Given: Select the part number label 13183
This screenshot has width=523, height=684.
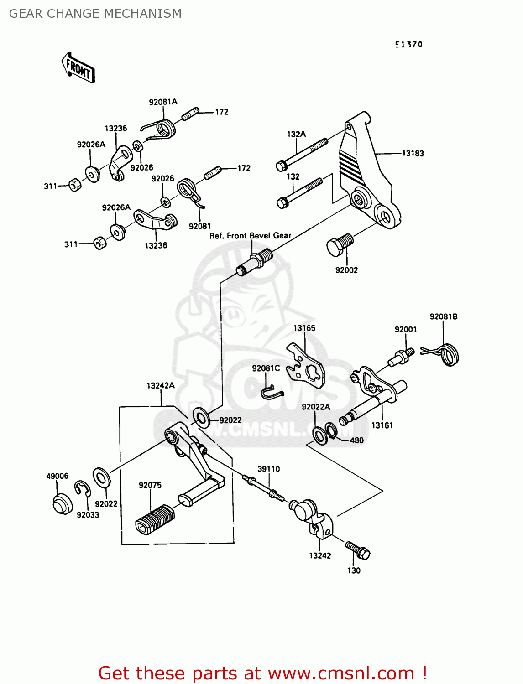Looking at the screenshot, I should (x=413, y=154).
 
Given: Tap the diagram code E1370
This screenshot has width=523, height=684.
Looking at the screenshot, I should (x=409, y=45).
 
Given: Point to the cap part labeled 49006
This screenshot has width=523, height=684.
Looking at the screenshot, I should (x=62, y=503).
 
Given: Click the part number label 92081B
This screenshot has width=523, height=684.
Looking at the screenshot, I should (x=443, y=316).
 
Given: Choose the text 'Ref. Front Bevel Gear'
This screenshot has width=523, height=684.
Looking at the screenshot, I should (x=250, y=236).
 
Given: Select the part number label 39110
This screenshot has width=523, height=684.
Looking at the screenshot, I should (x=268, y=469).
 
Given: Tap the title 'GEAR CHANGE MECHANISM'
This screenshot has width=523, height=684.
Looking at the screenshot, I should (x=95, y=14).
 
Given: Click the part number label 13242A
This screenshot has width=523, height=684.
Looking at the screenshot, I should (x=160, y=386).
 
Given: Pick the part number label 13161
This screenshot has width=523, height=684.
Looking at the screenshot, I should (x=382, y=425).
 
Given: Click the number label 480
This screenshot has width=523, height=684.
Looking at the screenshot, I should (x=356, y=440).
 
